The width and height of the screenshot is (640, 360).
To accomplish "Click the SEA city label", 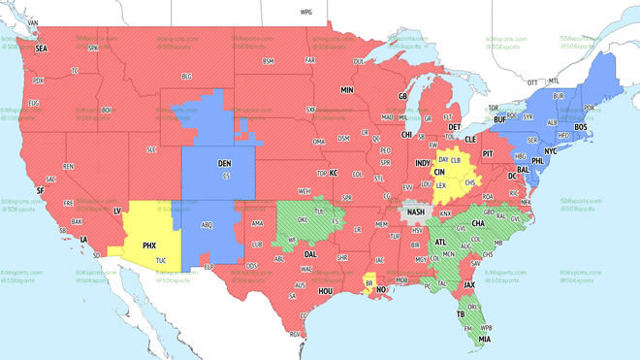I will [x=41, y=48].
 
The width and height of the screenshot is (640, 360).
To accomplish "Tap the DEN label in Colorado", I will [x=224, y=164].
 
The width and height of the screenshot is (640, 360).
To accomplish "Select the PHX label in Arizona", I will [x=149, y=245].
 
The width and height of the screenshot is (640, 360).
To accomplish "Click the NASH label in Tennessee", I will [x=416, y=213].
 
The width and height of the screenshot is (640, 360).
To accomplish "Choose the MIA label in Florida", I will [x=484, y=340].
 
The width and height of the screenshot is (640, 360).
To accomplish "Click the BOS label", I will [x=581, y=127].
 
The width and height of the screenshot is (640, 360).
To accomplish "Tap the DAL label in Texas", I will [x=310, y=254].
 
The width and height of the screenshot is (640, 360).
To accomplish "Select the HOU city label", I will [x=326, y=291].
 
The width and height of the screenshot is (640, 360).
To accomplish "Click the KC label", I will [x=333, y=173].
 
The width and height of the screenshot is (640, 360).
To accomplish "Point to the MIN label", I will [x=346, y=89].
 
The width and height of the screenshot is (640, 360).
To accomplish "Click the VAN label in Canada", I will [x=33, y=22].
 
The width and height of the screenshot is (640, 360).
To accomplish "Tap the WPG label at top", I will [x=306, y=13].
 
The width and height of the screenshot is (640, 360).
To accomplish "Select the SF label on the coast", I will [x=41, y=190].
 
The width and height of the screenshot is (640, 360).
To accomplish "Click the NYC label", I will [x=550, y=151].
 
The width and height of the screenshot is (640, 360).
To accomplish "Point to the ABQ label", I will [x=206, y=224].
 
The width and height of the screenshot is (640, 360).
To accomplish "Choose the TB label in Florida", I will [x=461, y=313].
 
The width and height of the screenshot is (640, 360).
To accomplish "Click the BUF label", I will [x=499, y=119].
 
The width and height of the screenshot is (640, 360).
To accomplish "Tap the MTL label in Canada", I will [x=555, y=82].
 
